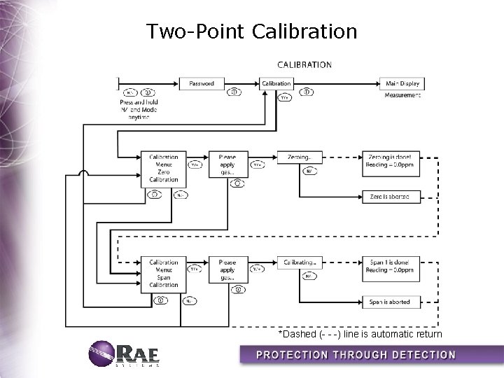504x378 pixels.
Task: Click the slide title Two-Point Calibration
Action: click(x=252, y=31)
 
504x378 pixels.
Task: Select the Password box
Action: click(x=202, y=83)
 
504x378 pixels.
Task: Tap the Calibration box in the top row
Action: click(x=276, y=83)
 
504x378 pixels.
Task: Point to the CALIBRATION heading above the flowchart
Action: click(x=304, y=64)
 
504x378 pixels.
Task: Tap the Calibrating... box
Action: click(x=299, y=262)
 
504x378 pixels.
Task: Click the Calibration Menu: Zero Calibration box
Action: click(x=164, y=168)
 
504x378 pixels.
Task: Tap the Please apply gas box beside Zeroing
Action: click(x=228, y=164)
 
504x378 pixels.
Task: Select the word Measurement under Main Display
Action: click(x=403, y=95)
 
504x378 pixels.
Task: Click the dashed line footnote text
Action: click(x=360, y=334)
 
